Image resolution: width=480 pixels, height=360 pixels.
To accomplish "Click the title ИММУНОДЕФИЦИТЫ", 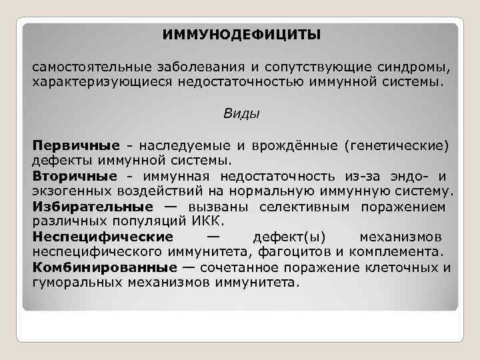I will [241, 33].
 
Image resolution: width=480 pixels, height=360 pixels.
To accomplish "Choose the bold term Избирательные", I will [92, 207].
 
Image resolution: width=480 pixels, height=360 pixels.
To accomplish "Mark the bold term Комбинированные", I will [104, 268].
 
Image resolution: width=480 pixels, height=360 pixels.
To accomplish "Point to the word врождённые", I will [303, 145].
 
